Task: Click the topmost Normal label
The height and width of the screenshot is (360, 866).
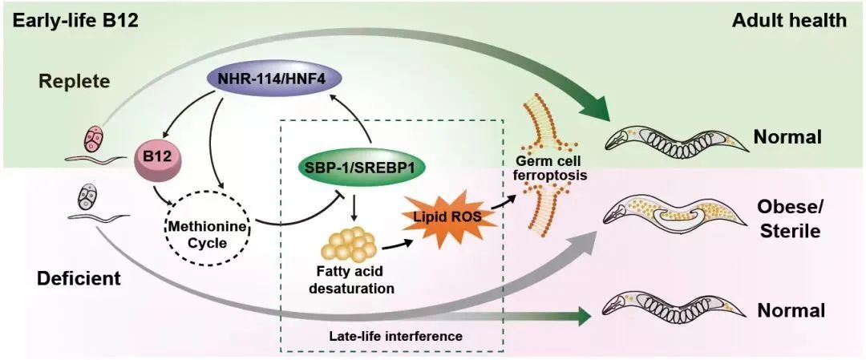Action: (x=788, y=136)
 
